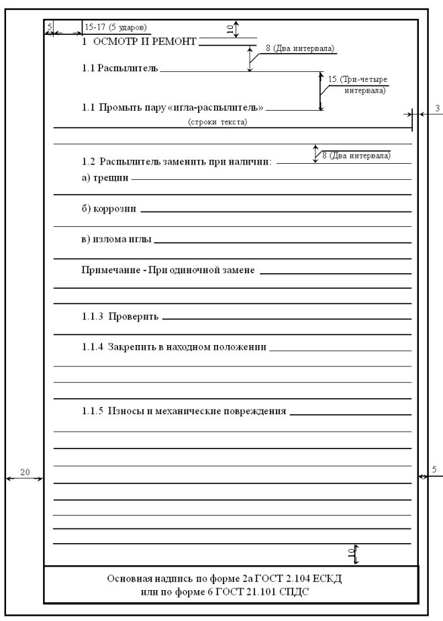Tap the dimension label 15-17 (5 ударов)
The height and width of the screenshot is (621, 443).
116,28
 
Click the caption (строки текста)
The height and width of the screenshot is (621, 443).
217,122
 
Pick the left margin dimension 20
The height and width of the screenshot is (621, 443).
24,473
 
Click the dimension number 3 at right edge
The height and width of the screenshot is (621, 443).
436,107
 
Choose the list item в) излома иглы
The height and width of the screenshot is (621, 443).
115,239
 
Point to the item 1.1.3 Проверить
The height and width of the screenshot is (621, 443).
119,316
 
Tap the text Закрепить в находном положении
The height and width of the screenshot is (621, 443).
186,347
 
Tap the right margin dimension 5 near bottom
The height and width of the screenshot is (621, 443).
435,470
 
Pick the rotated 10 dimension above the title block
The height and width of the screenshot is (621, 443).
350,552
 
